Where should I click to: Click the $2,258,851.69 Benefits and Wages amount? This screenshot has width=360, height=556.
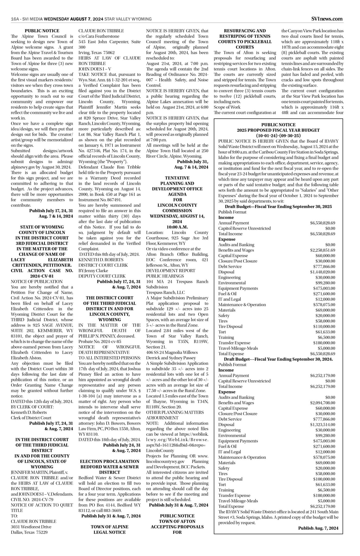323,250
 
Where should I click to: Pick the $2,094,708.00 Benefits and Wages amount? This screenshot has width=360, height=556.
323,403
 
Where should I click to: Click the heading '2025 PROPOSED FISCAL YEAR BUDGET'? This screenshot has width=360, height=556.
278,130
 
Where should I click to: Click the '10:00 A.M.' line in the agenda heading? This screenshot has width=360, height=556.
177,227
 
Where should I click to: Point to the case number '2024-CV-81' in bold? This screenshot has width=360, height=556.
42,276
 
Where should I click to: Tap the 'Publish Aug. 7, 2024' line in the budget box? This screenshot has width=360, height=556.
318,528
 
